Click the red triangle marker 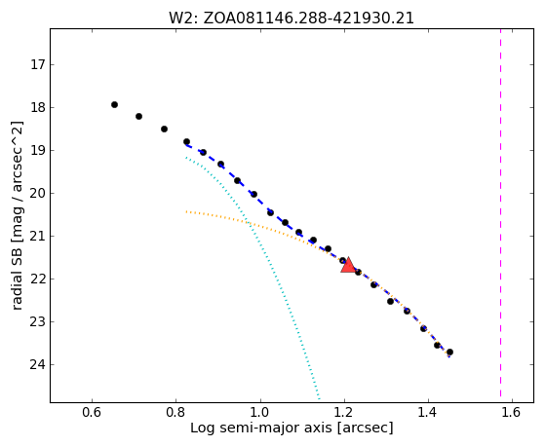pos(348,265)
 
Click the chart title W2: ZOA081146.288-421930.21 pos(292,19)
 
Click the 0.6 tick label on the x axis pos(92,412)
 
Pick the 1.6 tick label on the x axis pos(512,412)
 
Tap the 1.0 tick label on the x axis pos(260,412)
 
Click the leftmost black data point pos(114,104)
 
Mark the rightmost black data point pos(449,352)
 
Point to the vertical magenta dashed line pos(500,212)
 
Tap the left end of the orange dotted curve pos(186,211)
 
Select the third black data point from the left pos(165,129)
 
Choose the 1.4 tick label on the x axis pos(428,412)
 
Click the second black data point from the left pos(138,116)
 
